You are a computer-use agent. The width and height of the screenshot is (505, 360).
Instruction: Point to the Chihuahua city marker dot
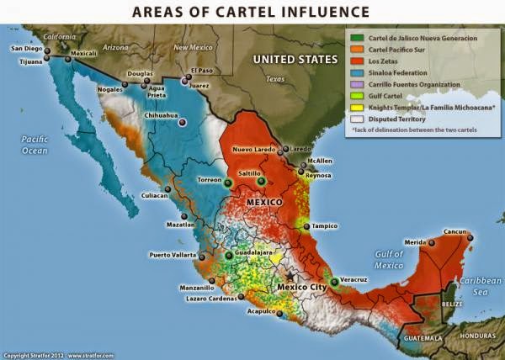pyautogui.click(x=183, y=122)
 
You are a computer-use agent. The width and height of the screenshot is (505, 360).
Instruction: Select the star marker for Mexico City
pyautogui.click(x=291, y=276)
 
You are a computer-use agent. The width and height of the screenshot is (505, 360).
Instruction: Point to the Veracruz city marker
pyautogui.click(x=334, y=281)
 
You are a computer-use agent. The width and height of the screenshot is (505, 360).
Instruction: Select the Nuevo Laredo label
pyautogui.click(x=255, y=149)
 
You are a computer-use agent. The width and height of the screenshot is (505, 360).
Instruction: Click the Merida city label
pyautogui.click(x=413, y=241)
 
